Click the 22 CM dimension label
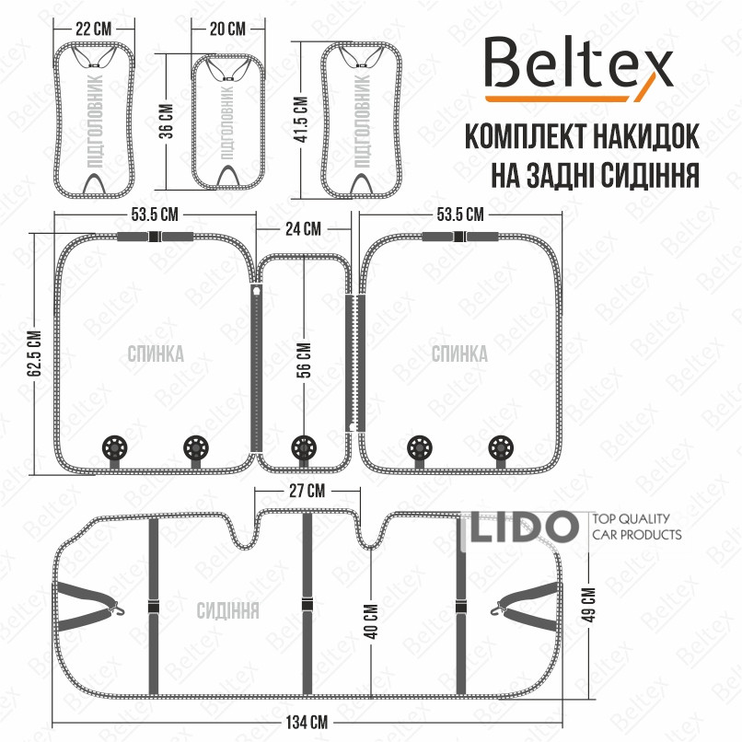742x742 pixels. coord(94,29)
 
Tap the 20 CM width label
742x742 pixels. coord(227,29)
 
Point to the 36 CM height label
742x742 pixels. coord(167,122)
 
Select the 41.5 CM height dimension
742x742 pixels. coord(301,120)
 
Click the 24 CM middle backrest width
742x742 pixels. coord(303,229)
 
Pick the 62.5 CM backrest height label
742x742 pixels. coord(35,354)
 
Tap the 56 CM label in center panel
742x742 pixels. coord(305,360)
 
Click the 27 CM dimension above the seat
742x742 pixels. coord(307,491)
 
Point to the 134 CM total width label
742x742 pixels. coord(307,723)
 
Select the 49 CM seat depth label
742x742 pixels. coord(590,605)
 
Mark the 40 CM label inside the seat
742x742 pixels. coord(372,621)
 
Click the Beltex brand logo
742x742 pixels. coord(578,70)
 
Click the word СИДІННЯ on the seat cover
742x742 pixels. coord(227,610)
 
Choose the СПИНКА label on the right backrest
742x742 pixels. coord(459,354)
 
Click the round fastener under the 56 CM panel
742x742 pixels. coord(304,447)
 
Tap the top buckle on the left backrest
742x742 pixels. coord(155,237)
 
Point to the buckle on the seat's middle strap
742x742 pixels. coord(307,604)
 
